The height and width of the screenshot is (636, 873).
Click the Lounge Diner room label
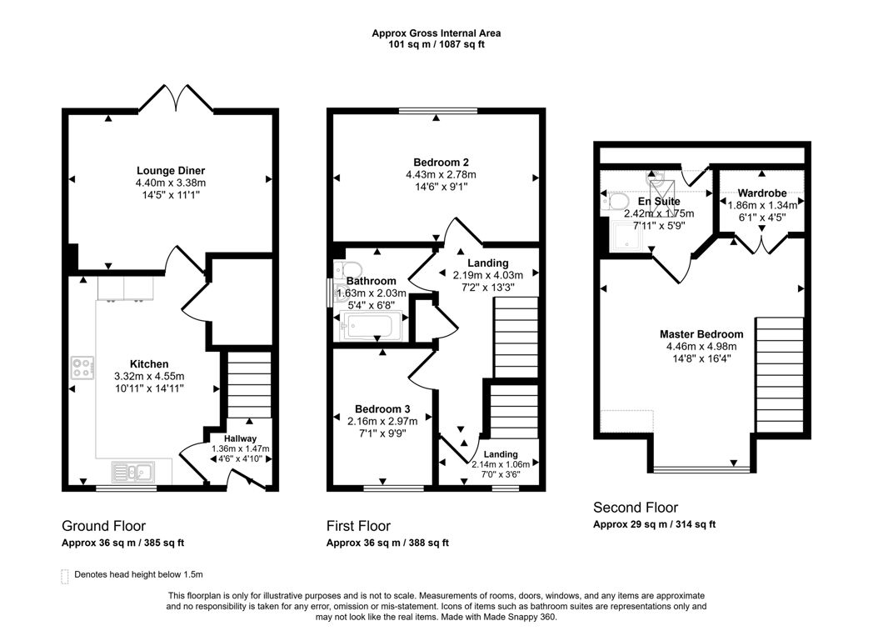click(171, 171)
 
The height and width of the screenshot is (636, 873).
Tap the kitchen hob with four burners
click(82, 368)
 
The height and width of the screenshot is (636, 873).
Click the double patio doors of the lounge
click(176, 99)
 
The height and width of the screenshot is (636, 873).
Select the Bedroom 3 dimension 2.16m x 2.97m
click(382, 422)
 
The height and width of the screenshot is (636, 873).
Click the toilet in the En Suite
click(616, 201)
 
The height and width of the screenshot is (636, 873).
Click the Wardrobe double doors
click(760, 244)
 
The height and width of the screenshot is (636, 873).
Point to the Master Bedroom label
click(701, 333)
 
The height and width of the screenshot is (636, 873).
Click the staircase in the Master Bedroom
click(780, 375)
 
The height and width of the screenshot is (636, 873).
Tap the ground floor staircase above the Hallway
click(249, 384)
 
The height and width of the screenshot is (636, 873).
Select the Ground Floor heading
click(103, 526)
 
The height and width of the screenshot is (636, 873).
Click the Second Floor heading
click(635, 508)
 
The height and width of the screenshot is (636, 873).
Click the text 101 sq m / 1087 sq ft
click(436, 44)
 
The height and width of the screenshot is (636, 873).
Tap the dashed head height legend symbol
click(65, 574)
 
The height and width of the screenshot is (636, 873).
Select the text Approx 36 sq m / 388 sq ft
click(387, 543)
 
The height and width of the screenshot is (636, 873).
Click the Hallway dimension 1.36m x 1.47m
click(240, 449)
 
